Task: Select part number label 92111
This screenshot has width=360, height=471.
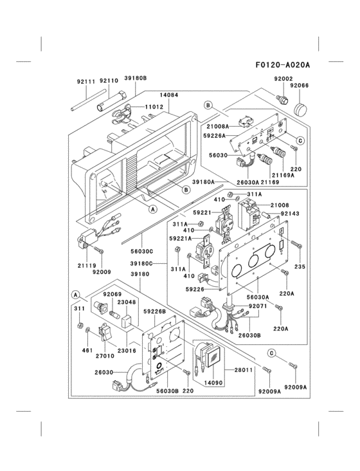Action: click(x=85, y=82)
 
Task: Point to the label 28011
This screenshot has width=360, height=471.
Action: click(x=243, y=371)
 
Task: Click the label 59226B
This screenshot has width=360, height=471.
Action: click(x=154, y=312)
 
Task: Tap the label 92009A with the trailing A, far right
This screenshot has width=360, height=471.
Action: click(x=296, y=387)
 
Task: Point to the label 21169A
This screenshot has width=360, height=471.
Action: click(x=283, y=175)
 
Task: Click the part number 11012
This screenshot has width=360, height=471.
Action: click(x=154, y=107)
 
